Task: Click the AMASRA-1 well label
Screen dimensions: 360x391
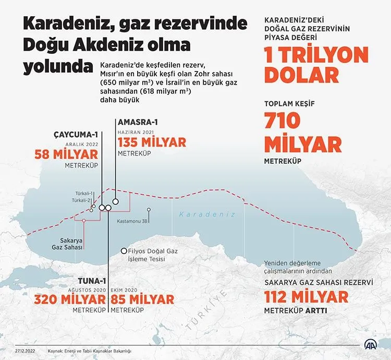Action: [x=138, y=122]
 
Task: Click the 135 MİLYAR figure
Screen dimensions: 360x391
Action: [x=152, y=142]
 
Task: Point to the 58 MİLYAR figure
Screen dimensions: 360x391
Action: [x=66, y=154]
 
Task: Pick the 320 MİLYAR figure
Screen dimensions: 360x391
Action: [x=70, y=299]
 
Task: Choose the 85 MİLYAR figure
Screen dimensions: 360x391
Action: [x=142, y=299]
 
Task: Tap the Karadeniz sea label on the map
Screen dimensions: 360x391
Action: [x=207, y=214]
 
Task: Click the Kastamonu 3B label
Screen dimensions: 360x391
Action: [x=133, y=221]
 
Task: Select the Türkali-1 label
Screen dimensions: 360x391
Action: [x=83, y=194]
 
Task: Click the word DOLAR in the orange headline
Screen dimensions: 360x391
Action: [x=301, y=75]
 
